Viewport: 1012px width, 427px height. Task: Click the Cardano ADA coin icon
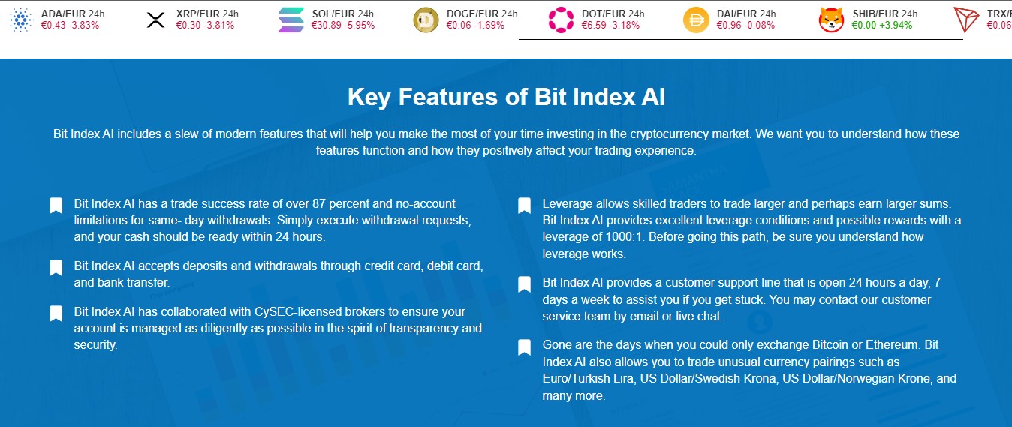click(21, 20)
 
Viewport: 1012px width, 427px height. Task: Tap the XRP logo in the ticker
click(156, 20)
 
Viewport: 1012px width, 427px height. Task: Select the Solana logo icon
click(291, 20)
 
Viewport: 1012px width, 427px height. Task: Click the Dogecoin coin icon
click(426, 20)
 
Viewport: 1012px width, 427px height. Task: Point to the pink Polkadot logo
click(561, 20)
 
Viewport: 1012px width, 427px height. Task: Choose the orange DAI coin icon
click(696, 20)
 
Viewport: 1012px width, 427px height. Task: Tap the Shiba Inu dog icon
click(831, 20)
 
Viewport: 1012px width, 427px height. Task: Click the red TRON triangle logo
click(965, 20)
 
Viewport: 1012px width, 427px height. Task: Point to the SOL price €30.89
click(326, 26)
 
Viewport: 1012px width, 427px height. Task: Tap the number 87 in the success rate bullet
click(318, 203)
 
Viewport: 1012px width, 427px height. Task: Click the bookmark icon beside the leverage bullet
click(524, 206)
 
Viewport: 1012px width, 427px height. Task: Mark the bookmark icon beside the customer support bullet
click(524, 284)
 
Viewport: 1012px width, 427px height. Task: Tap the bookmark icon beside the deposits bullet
click(56, 268)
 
